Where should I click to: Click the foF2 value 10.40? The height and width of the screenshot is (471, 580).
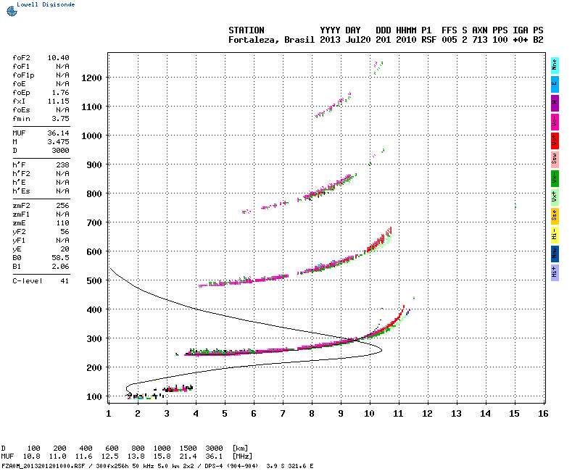click(58, 57)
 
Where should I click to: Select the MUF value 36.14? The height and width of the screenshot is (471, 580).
click(58, 133)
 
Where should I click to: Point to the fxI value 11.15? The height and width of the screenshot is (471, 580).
click(58, 101)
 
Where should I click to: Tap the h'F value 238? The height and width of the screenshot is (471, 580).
click(62, 165)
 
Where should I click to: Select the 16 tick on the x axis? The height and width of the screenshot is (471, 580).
click(543, 414)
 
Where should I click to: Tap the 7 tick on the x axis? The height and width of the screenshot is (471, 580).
click(283, 414)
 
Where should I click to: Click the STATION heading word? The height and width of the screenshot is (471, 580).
click(246, 30)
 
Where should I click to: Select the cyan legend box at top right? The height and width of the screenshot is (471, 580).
click(555, 64)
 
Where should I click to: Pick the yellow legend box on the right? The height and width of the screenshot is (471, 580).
click(555, 215)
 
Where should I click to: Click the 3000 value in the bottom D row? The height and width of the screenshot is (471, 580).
click(215, 449)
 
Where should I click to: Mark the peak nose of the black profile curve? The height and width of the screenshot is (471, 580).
click(381, 349)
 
